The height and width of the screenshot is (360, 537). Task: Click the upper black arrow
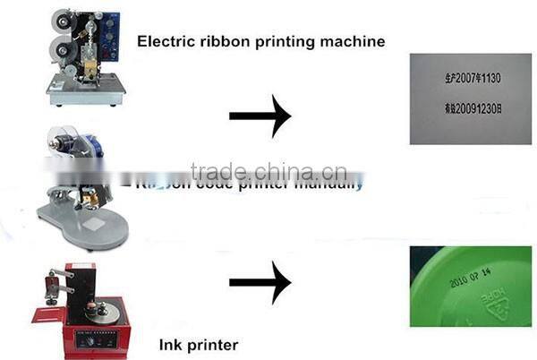(260, 116)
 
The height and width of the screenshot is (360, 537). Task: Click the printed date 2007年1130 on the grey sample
(471, 79)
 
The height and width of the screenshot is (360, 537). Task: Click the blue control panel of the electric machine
(107, 32)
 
